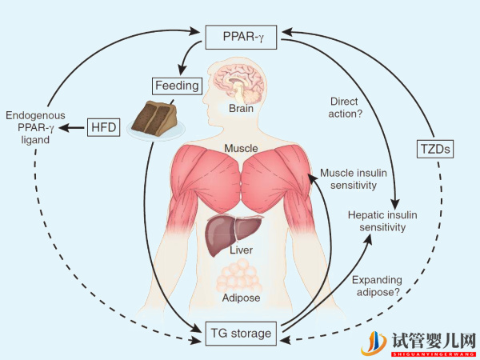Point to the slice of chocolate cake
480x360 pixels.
point(155,118)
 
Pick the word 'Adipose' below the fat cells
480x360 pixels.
point(240,299)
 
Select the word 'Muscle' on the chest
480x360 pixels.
point(239,149)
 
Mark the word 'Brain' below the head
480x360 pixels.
point(240,108)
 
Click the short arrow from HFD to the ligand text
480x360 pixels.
point(75,128)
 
